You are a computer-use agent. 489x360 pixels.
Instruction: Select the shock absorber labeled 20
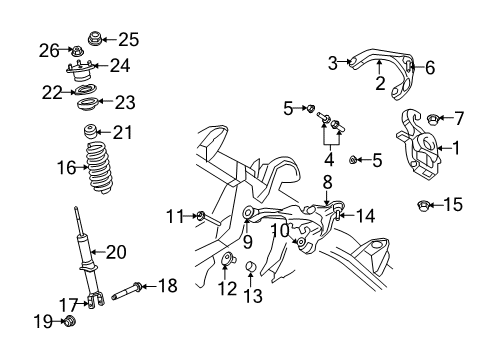81,255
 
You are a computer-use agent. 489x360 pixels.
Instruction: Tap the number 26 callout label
49,48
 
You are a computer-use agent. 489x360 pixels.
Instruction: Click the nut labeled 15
423,206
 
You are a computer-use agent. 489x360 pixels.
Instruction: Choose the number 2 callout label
380,83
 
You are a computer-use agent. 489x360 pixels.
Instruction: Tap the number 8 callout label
326,182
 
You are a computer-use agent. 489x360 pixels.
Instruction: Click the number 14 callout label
367,215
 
